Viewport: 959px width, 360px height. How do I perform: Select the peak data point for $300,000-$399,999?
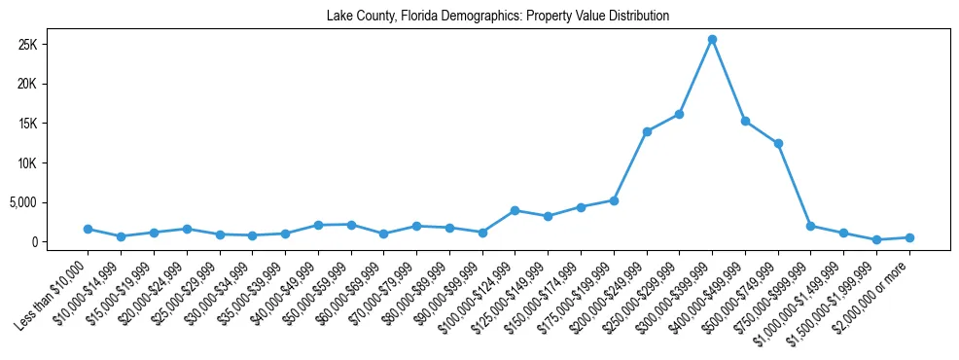pyautogui.click(x=712, y=39)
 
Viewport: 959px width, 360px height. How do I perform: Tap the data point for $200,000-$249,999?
pyautogui.click(x=647, y=131)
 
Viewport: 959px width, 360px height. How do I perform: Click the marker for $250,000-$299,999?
pyautogui.click(x=679, y=114)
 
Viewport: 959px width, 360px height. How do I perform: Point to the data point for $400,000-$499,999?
pyautogui.click(x=745, y=121)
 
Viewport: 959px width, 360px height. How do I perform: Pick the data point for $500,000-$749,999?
pyautogui.click(x=778, y=143)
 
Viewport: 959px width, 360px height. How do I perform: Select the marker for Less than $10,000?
pyautogui.click(x=88, y=229)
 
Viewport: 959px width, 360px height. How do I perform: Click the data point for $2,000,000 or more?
pyautogui.click(x=909, y=237)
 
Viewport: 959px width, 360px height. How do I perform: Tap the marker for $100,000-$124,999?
pyautogui.click(x=515, y=210)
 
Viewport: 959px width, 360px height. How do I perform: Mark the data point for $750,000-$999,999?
pyautogui.click(x=810, y=226)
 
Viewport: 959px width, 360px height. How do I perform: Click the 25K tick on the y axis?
pyautogui.click(x=53, y=45)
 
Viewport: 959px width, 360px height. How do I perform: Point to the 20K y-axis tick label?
pyautogui.click(x=53, y=85)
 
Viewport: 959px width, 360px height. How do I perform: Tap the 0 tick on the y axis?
pyautogui.click(x=61, y=242)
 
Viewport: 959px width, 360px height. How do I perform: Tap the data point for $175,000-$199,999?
pyautogui.click(x=614, y=200)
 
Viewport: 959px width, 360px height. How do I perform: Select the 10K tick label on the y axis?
pyautogui.click(x=53, y=163)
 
